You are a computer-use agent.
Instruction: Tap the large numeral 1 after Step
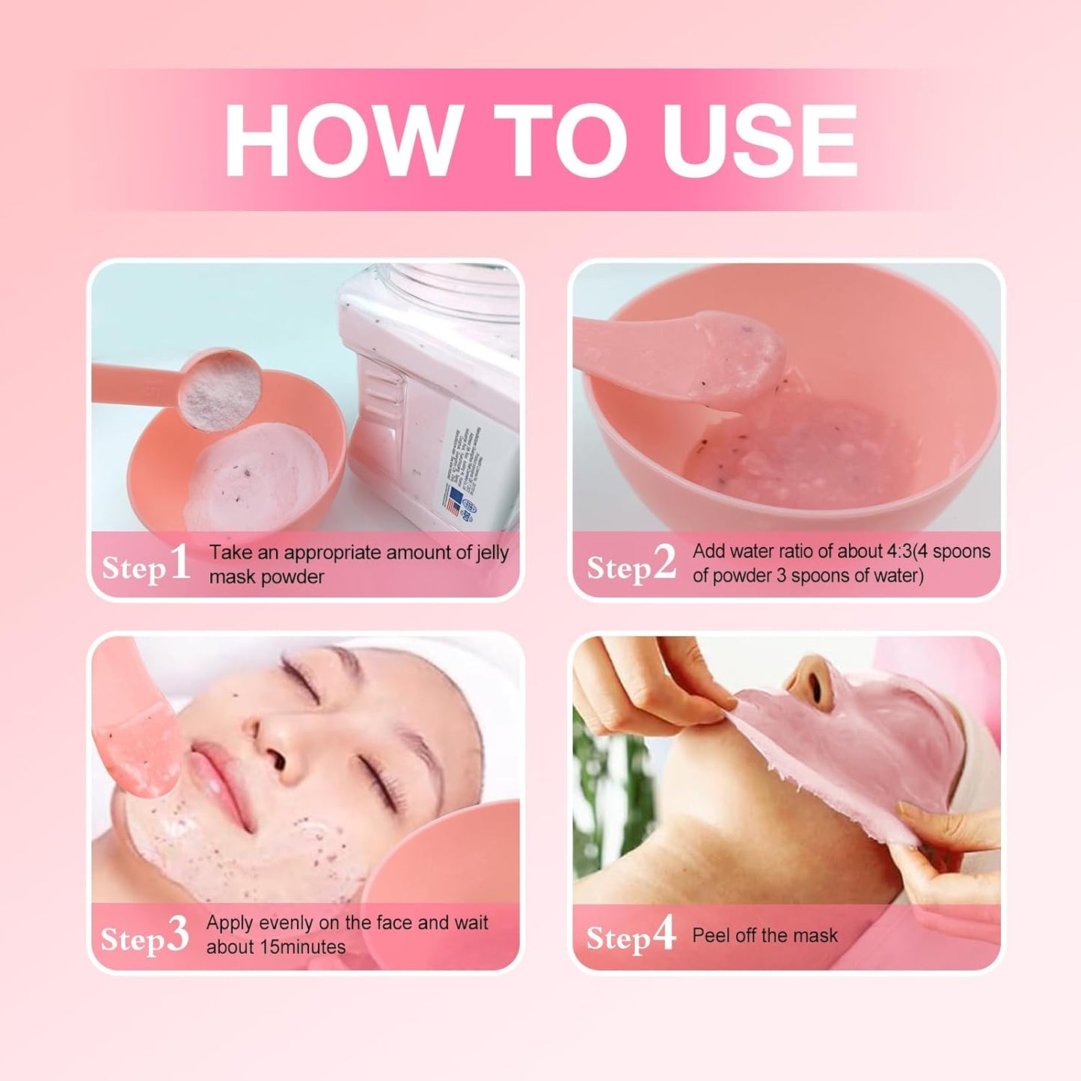180,563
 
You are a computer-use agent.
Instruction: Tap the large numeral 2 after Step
664,563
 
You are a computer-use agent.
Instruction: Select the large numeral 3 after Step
177,935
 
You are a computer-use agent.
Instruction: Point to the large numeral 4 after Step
663,934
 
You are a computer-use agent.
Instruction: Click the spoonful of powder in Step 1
222,391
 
